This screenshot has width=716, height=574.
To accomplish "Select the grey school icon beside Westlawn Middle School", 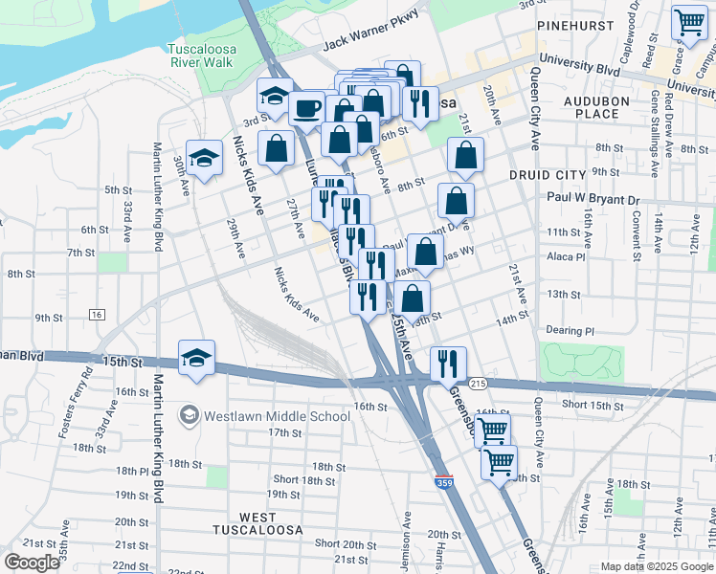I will click(x=190, y=415).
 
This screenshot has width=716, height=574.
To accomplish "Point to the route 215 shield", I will click(x=479, y=383).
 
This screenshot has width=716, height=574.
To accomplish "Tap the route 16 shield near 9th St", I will click(x=97, y=314).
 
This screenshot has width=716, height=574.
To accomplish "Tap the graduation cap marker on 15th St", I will click(x=196, y=358).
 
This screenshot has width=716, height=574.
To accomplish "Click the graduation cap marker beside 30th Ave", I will click(x=204, y=159).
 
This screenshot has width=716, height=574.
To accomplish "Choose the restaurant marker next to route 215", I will click(x=448, y=364).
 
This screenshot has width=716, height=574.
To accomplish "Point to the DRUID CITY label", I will click(x=547, y=175).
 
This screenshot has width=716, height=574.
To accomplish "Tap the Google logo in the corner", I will click(x=32, y=563).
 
